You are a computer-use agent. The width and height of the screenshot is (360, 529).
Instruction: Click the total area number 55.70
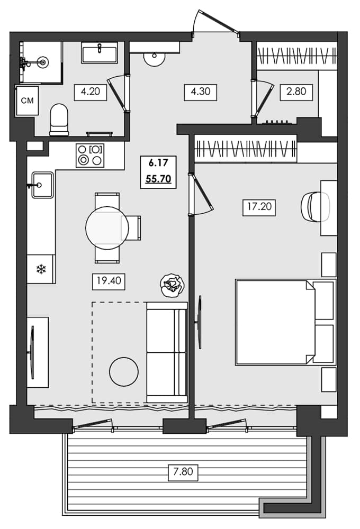(x=158, y=179)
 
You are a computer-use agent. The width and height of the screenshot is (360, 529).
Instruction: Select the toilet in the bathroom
(x=58, y=118)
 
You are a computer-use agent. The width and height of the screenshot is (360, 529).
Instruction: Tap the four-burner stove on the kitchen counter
(x=90, y=156)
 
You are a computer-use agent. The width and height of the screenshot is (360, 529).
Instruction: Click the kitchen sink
(x=42, y=185)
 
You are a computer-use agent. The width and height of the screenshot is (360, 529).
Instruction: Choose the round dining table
(x=107, y=227)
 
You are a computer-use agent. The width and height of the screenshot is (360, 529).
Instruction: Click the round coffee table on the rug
(x=123, y=371)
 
